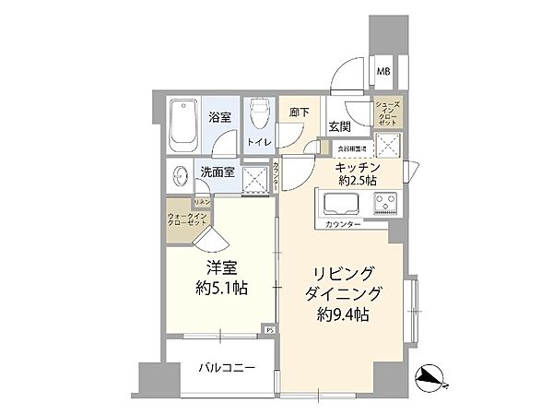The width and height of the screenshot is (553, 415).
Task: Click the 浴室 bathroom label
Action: (x=220, y=118)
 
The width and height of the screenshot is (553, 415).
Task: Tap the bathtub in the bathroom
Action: (x=184, y=125)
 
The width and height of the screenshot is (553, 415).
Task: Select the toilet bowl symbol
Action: (x=260, y=115)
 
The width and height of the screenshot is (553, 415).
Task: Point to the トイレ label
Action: (x=257, y=142)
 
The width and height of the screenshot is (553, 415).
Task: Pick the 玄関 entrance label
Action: (x=338, y=126)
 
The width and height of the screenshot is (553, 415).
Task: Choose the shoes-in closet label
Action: (x=386, y=116)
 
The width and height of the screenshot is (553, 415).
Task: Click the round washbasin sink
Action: (x=178, y=172)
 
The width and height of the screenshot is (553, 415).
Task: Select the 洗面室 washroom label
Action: (x=217, y=172)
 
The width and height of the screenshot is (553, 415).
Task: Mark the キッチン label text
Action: (x=354, y=166)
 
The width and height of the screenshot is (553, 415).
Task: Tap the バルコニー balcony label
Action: (x=225, y=368)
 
